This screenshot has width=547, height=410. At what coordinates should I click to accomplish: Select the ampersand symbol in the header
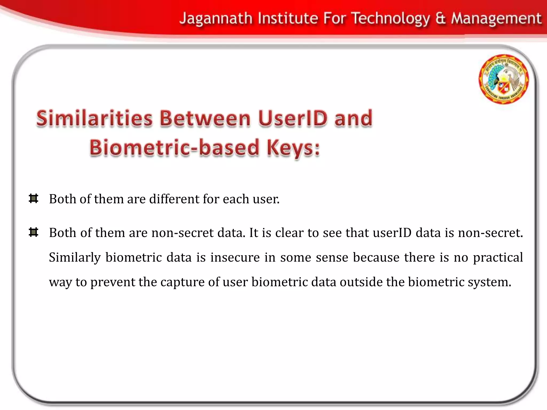[440, 19]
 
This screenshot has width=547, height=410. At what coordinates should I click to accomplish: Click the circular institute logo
[503, 79]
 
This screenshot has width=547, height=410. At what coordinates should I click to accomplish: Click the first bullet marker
[33, 199]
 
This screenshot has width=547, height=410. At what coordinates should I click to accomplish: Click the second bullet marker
[33, 232]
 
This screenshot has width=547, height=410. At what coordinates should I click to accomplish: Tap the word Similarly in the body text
[75, 258]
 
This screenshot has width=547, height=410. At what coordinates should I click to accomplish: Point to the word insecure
[235, 257]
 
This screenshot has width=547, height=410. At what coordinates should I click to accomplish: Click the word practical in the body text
[498, 258]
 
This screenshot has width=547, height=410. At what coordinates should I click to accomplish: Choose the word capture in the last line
[182, 282]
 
